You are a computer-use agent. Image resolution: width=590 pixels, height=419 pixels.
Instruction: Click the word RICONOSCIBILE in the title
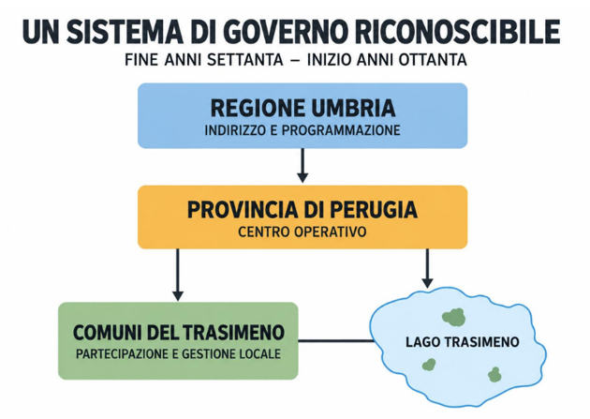point(457,32)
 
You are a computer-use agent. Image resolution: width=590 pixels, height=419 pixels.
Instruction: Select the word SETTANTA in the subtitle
point(245,60)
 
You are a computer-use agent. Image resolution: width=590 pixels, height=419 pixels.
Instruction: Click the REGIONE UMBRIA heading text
point(302,109)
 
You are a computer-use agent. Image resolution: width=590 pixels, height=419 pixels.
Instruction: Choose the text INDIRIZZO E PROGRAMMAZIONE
point(302,130)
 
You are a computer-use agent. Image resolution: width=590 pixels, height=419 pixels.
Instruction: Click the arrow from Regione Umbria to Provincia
point(302,166)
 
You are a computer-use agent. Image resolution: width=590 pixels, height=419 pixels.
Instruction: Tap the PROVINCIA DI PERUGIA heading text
point(302,210)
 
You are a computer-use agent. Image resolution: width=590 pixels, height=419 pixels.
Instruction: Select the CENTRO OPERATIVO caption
point(302,232)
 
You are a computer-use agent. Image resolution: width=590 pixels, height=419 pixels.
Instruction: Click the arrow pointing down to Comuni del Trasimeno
point(178,275)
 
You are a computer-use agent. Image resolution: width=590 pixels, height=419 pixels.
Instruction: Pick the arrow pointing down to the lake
point(427,268)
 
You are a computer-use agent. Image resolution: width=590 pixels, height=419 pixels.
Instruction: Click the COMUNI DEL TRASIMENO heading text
point(179,333)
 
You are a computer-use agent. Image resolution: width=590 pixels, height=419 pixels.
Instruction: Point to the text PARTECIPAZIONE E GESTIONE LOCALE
point(178,354)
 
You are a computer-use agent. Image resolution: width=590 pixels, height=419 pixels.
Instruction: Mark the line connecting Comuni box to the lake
point(336,341)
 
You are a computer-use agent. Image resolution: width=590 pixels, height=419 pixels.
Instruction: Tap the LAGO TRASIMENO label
point(463,342)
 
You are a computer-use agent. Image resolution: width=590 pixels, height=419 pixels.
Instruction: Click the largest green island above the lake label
point(454,317)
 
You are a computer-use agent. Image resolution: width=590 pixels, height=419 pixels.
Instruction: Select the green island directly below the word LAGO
point(429,364)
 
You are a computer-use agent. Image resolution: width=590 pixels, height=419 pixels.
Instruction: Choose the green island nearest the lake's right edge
point(494,375)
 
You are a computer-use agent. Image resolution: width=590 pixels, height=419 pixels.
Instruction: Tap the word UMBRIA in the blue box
point(354,109)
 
